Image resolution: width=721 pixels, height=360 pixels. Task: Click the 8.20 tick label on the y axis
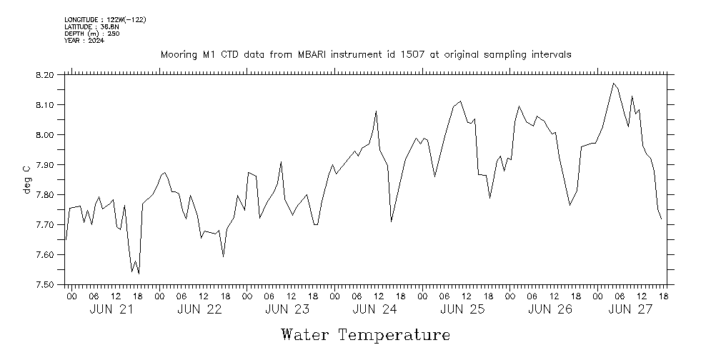click(x=44, y=74)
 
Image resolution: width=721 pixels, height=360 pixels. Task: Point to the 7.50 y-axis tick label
click(x=44, y=284)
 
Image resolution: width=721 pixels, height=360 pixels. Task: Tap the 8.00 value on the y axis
click(x=44, y=134)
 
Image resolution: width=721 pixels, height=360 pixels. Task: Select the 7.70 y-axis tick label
click(x=44, y=224)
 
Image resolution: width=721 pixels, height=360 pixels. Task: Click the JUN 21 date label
click(x=111, y=309)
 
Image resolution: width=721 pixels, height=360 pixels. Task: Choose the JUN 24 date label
click(x=374, y=309)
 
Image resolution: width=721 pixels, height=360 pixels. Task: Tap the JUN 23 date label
click(x=287, y=309)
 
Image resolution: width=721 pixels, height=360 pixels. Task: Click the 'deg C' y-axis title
click(x=27, y=179)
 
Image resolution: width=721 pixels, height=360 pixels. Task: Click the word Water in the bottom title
click(x=306, y=335)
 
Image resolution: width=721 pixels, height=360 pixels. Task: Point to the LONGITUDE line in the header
click(x=105, y=19)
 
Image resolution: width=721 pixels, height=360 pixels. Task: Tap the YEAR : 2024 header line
click(x=84, y=41)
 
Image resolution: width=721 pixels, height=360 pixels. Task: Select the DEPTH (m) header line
click(x=88, y=34)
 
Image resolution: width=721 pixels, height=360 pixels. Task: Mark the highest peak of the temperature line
click(x=613, y=84)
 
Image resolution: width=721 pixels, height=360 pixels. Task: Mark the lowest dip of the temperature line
click(x=139, y=274)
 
